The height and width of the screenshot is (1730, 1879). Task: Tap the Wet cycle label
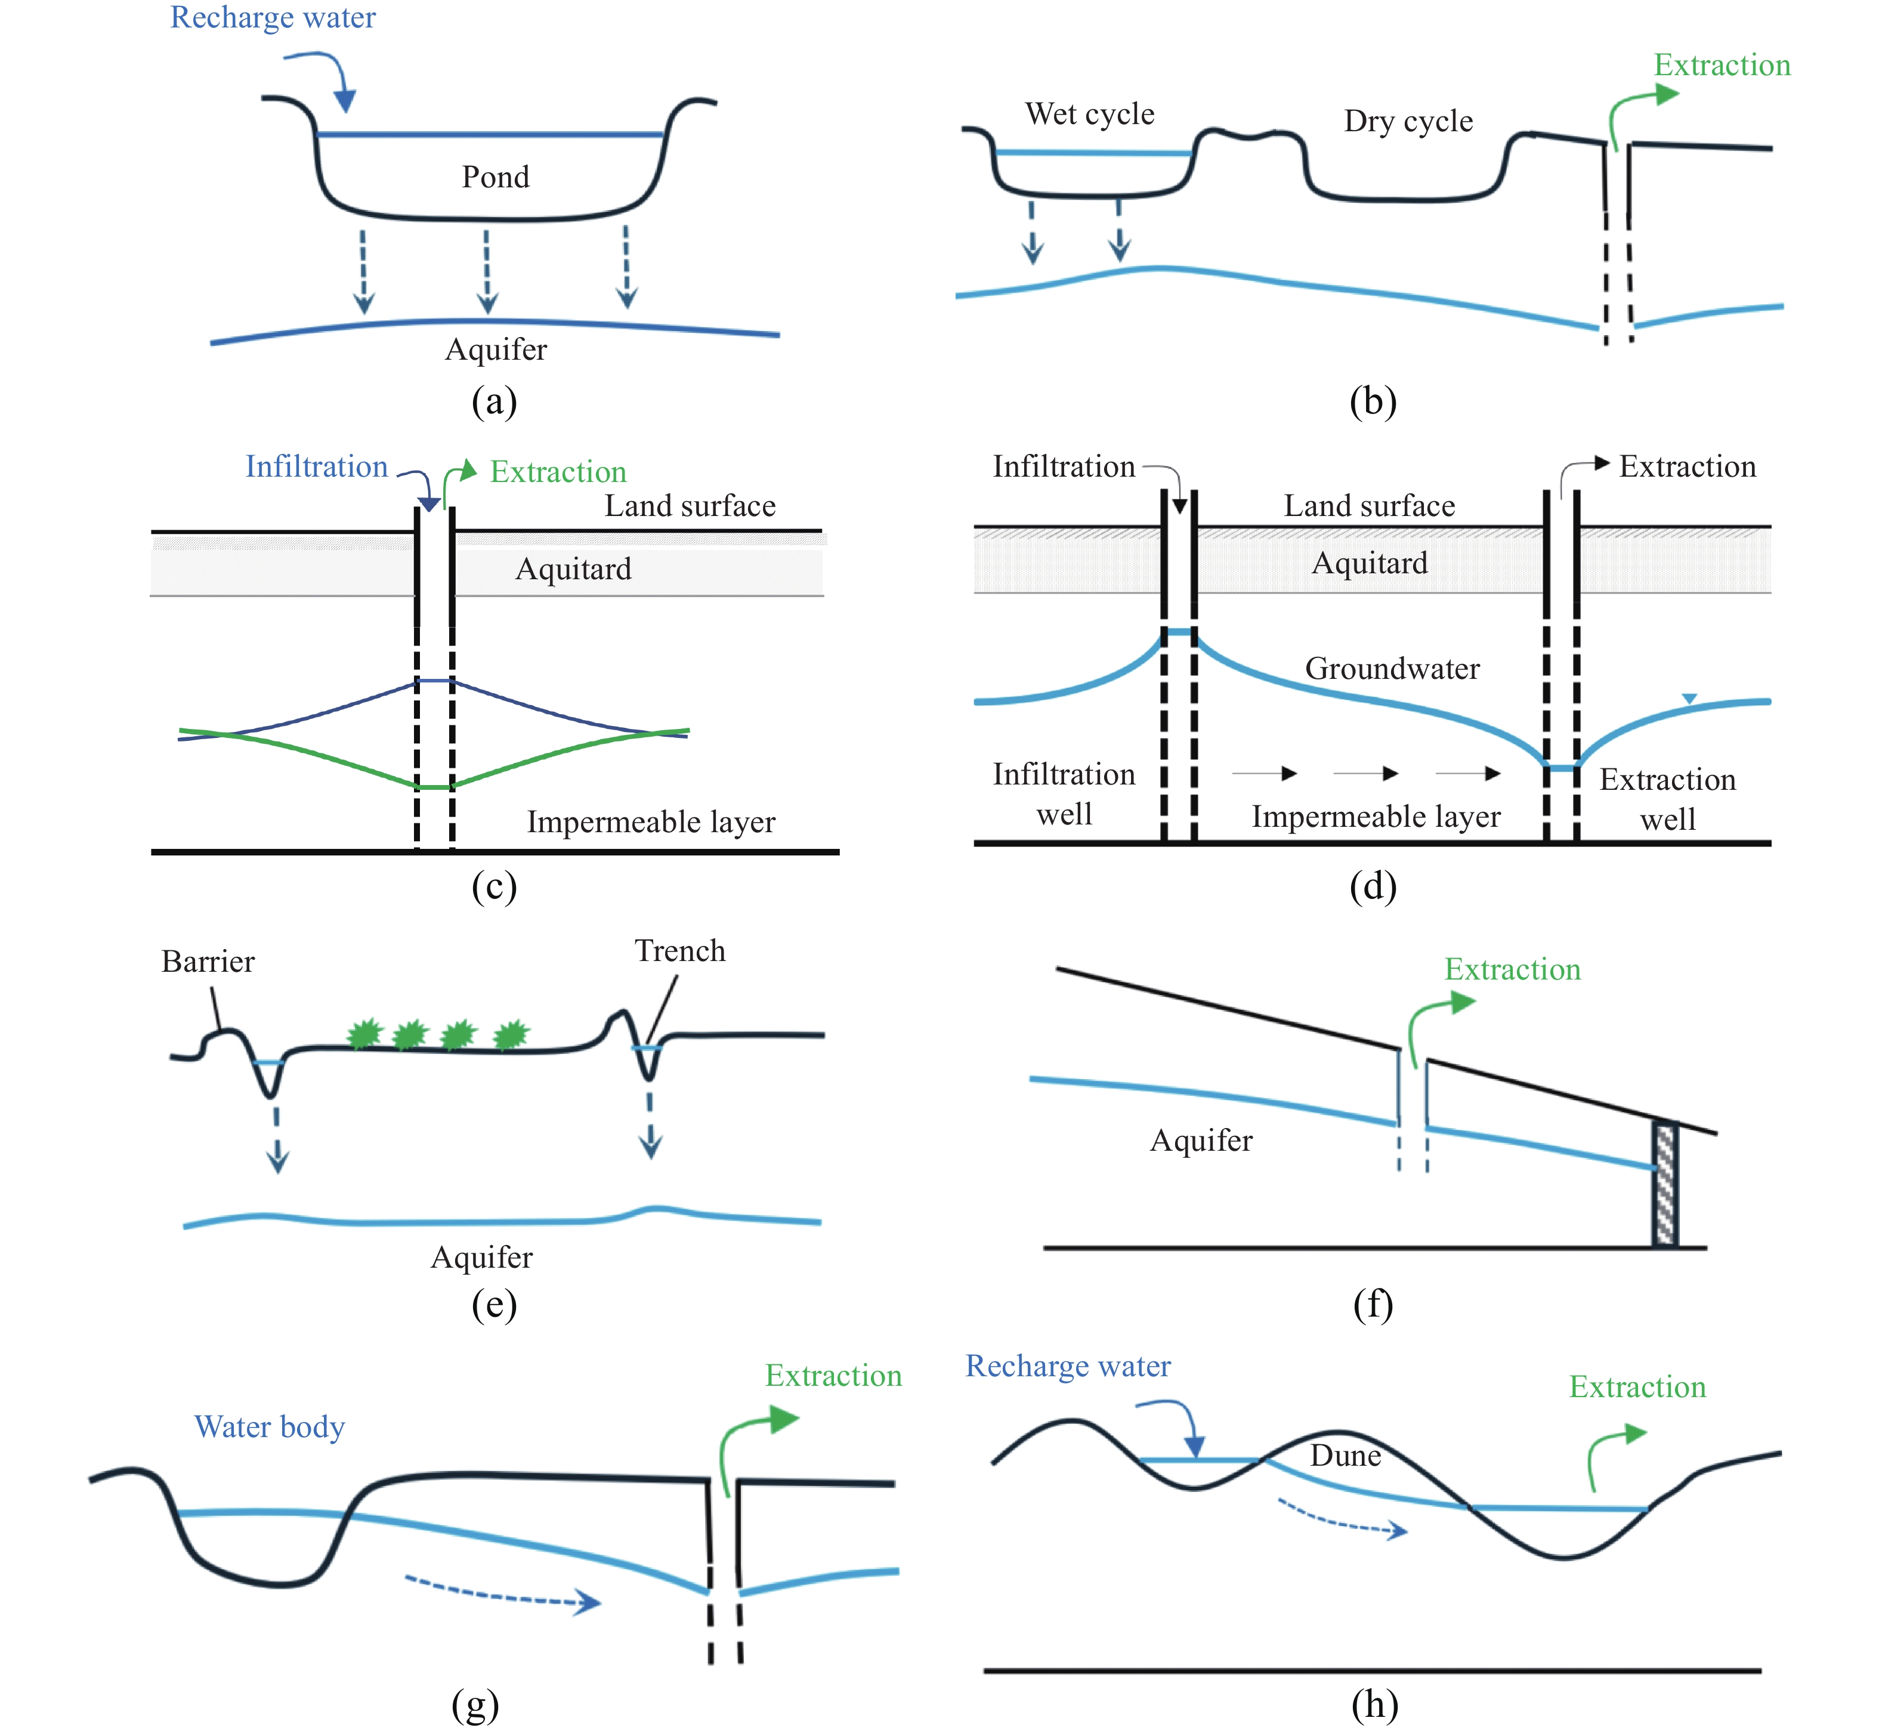pos(1090,114)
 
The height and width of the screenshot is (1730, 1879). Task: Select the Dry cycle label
pos(1408,121)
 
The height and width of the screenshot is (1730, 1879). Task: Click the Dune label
pos(1345,1455)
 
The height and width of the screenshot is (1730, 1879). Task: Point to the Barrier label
pos(208,962)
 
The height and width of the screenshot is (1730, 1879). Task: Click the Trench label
pos(679,950)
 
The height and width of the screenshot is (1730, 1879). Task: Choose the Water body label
pos(270,1427)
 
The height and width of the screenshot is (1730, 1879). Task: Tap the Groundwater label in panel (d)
pos(1392,668)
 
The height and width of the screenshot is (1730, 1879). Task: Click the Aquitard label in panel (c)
pos(573,569)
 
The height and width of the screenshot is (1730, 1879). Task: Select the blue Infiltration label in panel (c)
pos(316,466)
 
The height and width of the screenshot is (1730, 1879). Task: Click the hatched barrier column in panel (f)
pos(1665,1184)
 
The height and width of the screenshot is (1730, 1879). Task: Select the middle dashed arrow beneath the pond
pos(487,271)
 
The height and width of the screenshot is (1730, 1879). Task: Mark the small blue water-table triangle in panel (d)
pos(1689,699)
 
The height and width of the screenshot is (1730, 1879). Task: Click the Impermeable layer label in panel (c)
pos(651,822)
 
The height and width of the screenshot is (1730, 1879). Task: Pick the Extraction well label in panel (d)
pos(1667,799)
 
